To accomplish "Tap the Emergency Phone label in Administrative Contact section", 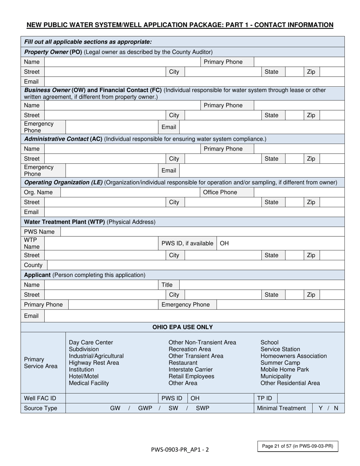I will (x=39, y=170).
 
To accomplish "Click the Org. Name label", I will (x=38, y=192).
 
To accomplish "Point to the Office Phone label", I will (x=220, y=192).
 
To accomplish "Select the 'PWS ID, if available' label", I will (x=187, y=243).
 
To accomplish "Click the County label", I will (x=33, y=265).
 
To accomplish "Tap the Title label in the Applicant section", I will (x=167, y=285).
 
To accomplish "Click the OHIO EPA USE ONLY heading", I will (x=182, y=327).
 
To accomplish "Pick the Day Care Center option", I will (x=91, y=342).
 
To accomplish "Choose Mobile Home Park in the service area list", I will (x=285, y=369).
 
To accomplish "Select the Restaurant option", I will (x=183, y=363).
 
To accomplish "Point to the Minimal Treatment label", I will (x=281, y=408).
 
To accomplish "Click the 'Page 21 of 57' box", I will (x=297, y=446).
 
